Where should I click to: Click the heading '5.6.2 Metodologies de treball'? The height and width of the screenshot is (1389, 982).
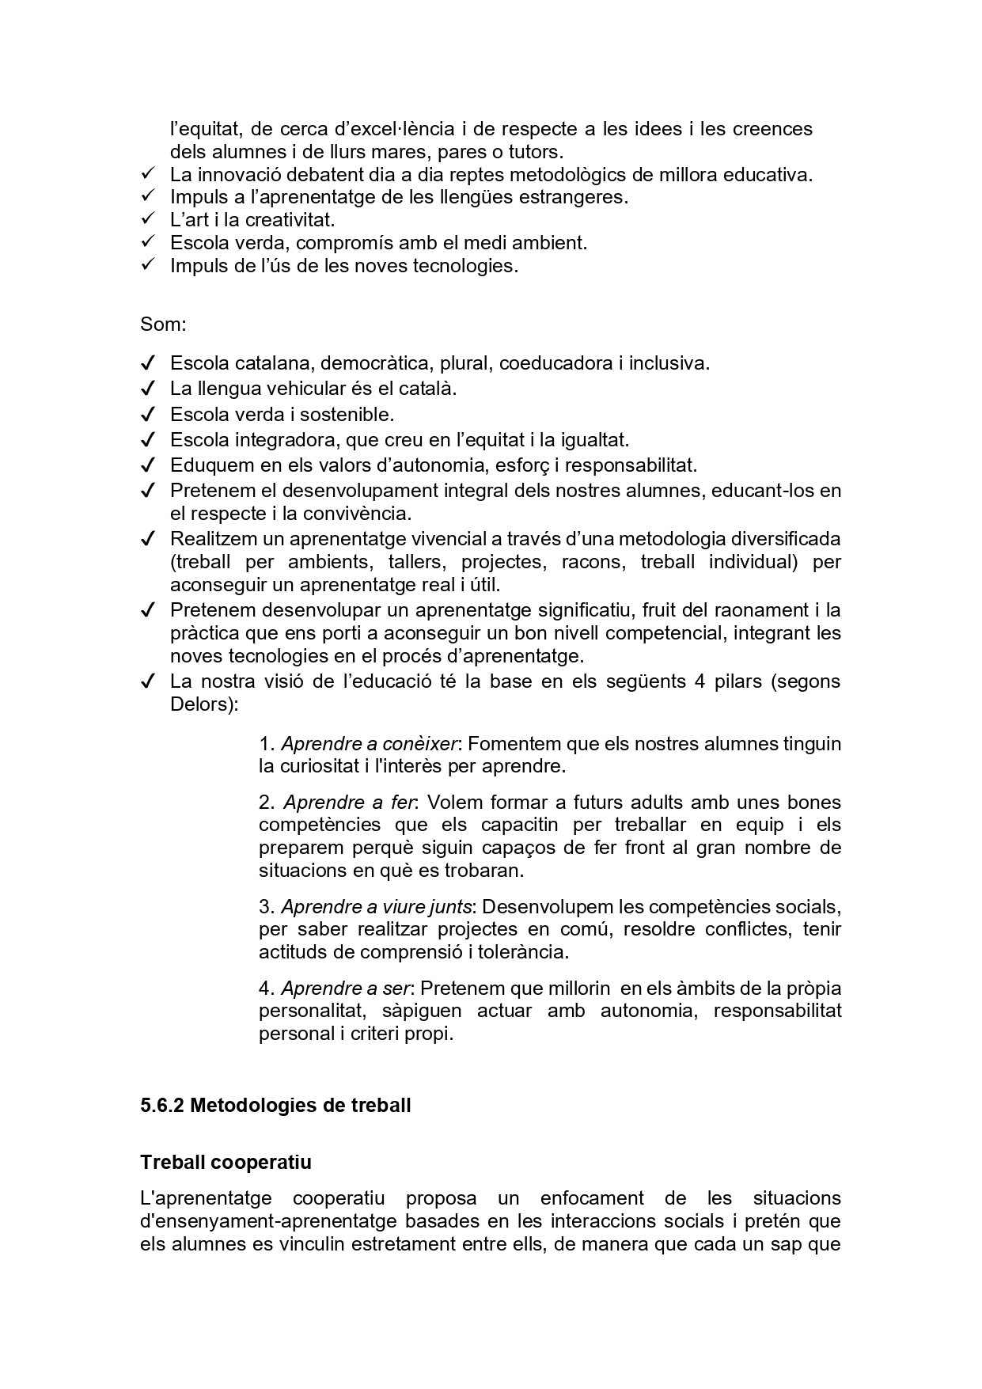coord(275,1106)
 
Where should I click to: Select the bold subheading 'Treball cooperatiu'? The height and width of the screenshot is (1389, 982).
coord(226,1163)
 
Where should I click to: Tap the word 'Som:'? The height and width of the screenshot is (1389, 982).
coord(163,324)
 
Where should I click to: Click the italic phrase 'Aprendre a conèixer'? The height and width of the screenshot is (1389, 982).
coord(370,744)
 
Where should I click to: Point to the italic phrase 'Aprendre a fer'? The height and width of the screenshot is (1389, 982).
coord(349,803)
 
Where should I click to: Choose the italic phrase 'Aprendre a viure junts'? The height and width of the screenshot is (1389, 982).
coord(377,906)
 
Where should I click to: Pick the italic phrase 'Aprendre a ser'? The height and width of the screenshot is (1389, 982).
coord(346,989)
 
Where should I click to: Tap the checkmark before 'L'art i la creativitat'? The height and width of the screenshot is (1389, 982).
coord(147,219)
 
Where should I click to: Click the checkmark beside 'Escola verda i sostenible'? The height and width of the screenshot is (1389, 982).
coord(147,414)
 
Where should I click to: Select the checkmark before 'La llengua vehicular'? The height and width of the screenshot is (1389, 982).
coord(147,389)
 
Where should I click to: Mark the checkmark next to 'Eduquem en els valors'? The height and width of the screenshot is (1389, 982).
coord(147,465)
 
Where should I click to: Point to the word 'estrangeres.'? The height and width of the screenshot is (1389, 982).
coord(573,197)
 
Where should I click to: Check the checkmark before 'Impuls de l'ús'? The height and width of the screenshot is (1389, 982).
coord(147,265)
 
